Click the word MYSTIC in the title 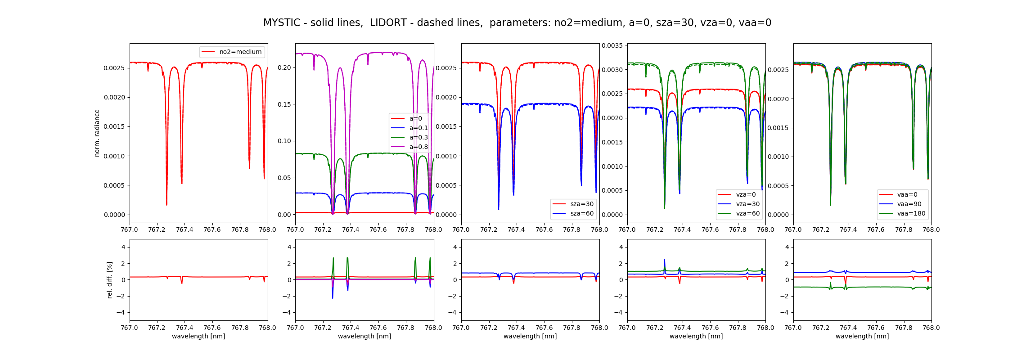click(281, 23)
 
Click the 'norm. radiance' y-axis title click(97, 133)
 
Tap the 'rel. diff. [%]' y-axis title click(110, 280)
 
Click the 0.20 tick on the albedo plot click(284, 67)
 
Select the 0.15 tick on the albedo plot click(284, 104)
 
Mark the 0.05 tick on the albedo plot click(284, 178)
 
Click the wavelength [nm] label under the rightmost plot click(862, 336)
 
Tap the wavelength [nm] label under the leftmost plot click(198, 336)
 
